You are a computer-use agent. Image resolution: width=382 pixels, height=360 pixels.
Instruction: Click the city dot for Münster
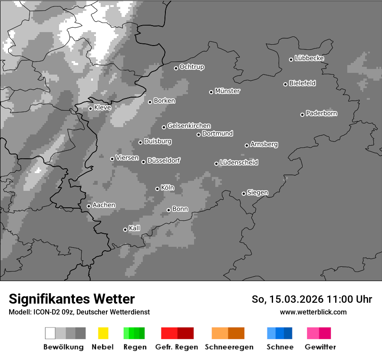tap(211, 92)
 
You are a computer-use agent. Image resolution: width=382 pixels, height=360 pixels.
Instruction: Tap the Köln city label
tap(168, 188)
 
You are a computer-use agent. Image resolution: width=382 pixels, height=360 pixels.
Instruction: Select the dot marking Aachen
tap(89, 206)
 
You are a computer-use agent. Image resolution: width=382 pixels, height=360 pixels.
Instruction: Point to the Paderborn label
tap(322, 113)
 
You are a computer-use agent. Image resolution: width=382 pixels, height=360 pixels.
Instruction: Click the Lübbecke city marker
tap(291, 59)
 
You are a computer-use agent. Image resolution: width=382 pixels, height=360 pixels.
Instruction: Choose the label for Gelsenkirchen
tap(189, 126)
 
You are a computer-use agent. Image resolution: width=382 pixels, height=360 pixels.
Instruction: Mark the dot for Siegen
tap(244, 193)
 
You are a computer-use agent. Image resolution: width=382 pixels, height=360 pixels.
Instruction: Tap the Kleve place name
tap(102, 107)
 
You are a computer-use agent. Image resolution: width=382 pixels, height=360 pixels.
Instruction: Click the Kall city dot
tap(125, 229)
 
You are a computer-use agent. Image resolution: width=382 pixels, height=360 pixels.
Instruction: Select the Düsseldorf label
tap(164, 160)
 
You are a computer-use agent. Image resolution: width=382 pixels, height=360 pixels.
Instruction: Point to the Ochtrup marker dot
tap(176, 68)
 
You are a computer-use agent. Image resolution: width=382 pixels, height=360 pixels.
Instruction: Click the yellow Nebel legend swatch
tap(103, 333)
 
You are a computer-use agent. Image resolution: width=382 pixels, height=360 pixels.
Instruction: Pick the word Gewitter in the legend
tap(320, 347)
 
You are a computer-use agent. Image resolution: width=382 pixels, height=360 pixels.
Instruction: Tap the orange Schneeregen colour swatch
tap(220, 333)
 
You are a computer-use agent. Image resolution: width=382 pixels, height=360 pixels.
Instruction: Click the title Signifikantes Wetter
tap(72, 299)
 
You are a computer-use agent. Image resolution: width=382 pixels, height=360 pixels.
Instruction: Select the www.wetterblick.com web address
tap(313, 312)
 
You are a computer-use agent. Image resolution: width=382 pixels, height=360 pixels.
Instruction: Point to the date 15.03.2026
tap(296, 299)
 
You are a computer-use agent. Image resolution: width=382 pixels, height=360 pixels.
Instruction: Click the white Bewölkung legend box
tap(50, 333)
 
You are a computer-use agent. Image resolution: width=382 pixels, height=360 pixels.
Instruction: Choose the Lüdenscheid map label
tap(239, 163)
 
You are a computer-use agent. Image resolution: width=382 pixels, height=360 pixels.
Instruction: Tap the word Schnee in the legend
tap(280, 347)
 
